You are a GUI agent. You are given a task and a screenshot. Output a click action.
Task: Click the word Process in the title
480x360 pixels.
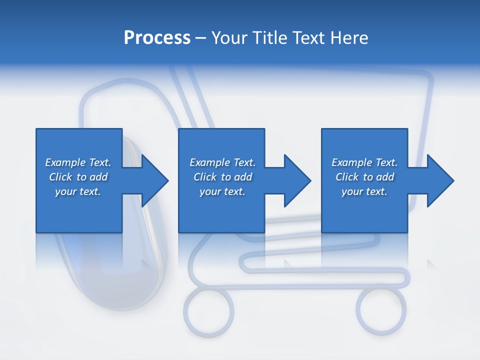[157, 38]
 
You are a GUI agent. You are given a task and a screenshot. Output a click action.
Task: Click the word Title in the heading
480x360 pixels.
[270, 38]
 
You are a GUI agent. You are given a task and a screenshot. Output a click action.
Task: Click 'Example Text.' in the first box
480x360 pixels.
[78, 162]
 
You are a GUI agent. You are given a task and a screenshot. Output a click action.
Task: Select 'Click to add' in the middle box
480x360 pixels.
[222, 177]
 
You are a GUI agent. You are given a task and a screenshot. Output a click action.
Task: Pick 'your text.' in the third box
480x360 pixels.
[364, 191]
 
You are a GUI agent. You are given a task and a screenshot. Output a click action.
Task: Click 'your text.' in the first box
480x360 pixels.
[78, 191]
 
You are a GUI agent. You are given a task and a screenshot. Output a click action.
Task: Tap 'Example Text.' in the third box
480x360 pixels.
[364, 162]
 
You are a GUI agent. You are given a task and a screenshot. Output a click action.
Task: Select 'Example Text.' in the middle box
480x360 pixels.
[222, 162]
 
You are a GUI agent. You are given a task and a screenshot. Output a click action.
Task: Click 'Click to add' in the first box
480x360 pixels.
[78, 177]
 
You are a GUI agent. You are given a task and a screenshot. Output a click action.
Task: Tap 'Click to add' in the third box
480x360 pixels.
[364, 177]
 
